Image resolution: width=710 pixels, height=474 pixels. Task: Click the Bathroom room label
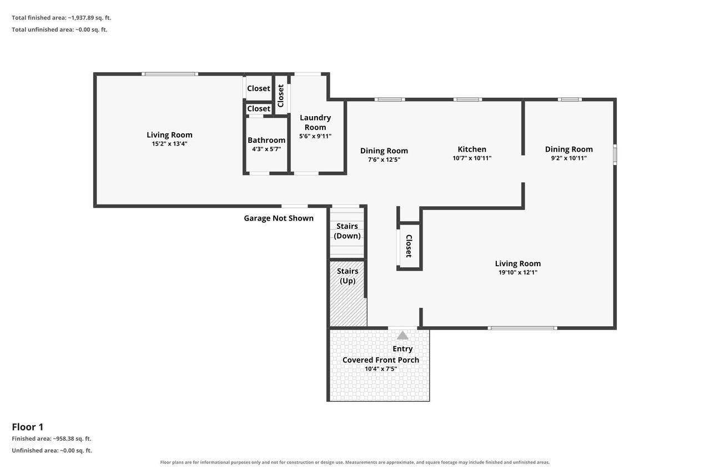click(x=266, y=140)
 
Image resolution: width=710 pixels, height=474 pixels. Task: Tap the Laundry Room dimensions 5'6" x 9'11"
click(x=315, y=136)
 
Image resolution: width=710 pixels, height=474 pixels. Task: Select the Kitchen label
click(x=472, y=149)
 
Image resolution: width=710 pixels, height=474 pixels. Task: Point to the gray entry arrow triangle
click(x=402, y=335)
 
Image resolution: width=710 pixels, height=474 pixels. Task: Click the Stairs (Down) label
click(x=347, y=231)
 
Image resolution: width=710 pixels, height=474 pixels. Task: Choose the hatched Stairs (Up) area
click(x=348, y=293)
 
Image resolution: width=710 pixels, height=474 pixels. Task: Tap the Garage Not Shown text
click(x=279, y=218)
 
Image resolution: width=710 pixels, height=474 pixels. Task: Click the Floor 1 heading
click(x=28, y=427)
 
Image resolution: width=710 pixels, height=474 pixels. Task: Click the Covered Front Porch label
click(x=381, y=360)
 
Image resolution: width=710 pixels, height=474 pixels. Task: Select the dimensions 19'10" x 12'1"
click(x=518, y=272)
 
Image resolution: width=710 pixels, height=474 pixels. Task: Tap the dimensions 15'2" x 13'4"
click(x=169, y=144)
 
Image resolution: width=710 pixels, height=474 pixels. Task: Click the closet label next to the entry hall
click(x=409, y=246)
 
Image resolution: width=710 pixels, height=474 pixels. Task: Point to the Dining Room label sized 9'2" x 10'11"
click(x=568, y=149)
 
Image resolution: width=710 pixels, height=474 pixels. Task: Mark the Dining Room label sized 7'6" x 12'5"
click(x=384, y=151)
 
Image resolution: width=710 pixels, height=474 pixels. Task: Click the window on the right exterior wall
click(x=615, y=155)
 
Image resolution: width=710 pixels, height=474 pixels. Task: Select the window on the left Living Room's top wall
click(x=170, y=74)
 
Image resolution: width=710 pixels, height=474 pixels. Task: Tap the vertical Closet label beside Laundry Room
click(x=280, y=96)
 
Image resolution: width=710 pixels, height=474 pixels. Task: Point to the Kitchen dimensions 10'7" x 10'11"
click(x=472, y=158)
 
